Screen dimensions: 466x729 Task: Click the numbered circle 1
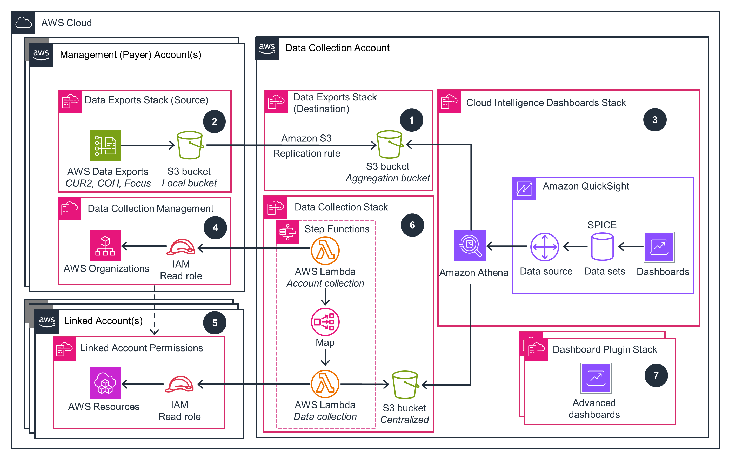click(411, 120)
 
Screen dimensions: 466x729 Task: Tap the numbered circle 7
click(656, 375)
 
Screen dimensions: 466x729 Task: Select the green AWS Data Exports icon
click(105, 146)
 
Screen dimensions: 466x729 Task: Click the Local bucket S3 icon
click(190, 145)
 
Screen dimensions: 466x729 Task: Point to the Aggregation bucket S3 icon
click(389, 144)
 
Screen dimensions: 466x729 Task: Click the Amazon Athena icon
click(470, 245)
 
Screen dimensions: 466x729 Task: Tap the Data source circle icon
click(544, 247)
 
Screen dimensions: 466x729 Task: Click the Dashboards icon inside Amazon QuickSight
click(659, 247)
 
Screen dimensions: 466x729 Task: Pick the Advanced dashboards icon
click(596, 378)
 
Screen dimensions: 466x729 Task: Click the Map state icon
click(325, 322)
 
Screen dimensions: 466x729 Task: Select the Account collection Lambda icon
click(325, 251)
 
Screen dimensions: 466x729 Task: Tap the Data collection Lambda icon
click(325, 384)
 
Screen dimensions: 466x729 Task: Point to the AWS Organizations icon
click(105, 245)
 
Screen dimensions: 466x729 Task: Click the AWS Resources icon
click(105, 382)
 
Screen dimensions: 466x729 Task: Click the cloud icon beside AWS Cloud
click(23, 23)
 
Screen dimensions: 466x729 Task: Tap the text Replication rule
click(306, 153)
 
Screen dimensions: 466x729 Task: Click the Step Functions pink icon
click(287, 232)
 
